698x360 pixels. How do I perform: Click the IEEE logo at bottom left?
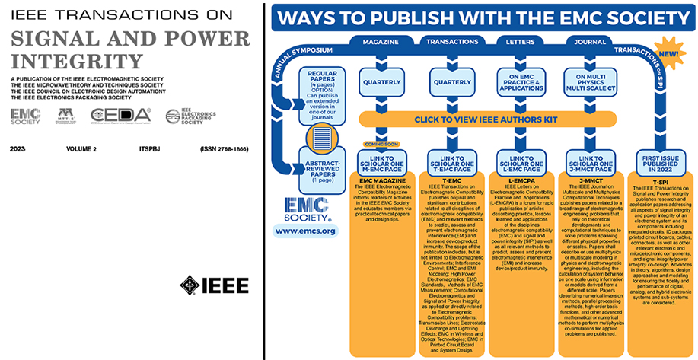tap(214, 285)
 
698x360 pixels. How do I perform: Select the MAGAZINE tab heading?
tap(381, 43)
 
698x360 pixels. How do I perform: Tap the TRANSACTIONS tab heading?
tap(451, 43)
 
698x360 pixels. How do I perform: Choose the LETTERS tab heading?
tap(521, 43)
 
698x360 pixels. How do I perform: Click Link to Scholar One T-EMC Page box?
tap(451, 161)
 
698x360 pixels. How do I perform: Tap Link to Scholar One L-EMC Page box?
tap(521, 161)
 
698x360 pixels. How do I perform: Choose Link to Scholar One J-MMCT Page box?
tap(591, 161)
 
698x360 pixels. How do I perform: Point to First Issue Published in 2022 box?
tap(660, 161)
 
